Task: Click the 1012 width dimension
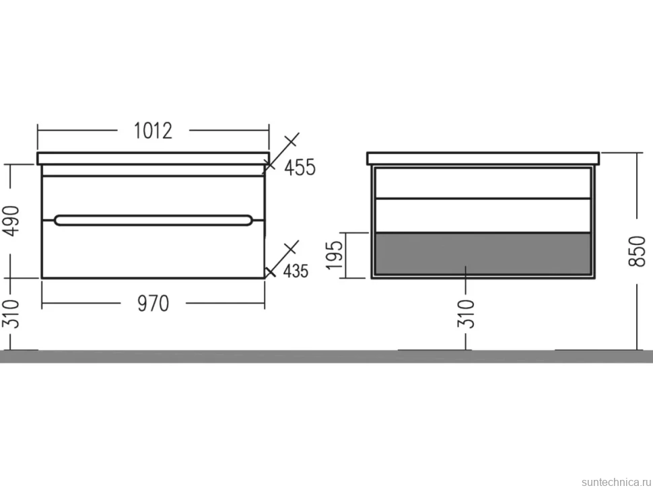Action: point(153,131)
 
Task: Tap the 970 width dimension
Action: point(153,304)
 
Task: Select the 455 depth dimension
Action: point(300,168)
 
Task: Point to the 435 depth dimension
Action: point(296,271)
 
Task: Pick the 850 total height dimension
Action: point(637,251)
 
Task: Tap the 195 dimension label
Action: point(335,255)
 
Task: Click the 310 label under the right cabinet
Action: point(466,314)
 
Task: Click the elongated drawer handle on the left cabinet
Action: point(153,220)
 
